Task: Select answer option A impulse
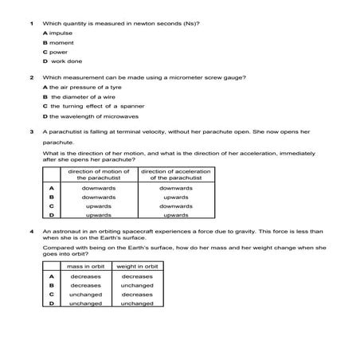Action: tap(57, 33)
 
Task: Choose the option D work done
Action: tap(62, 61)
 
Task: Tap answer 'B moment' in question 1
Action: tap(59, 42)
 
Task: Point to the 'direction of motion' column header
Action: tap(99, 174)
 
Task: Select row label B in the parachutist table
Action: tap(51, 197)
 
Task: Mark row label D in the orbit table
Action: tap(51, 303)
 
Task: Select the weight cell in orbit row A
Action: tap(137, 276)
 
